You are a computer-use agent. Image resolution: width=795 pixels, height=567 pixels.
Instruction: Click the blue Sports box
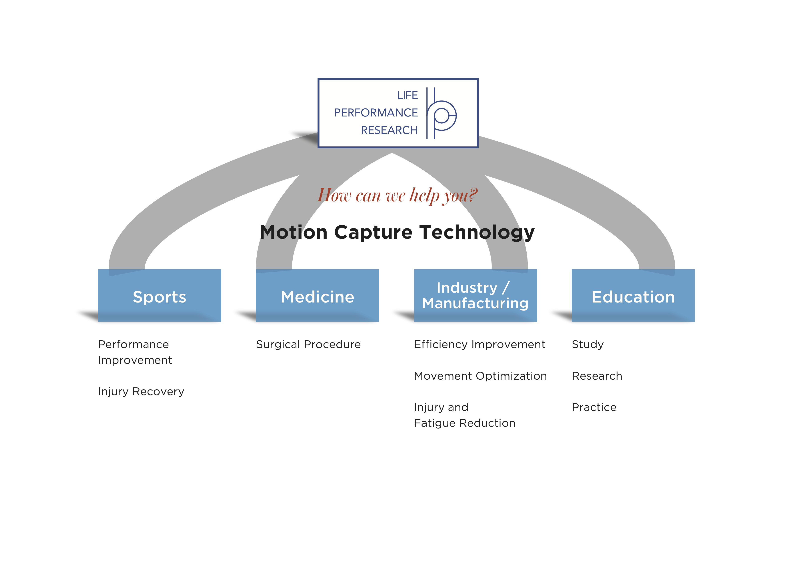click(x=160, y=295)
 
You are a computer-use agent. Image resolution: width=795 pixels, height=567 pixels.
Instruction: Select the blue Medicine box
click(x=317, y=295)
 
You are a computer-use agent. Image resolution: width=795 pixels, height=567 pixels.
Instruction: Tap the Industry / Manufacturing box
click(x=475, y=295)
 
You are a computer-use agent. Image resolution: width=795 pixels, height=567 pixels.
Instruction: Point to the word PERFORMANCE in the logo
click(x=376, y=113)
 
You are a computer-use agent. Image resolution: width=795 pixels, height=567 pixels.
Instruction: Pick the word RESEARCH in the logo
click(x=389, y=130)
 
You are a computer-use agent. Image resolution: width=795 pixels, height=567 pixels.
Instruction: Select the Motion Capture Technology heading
click(x=397, y=232)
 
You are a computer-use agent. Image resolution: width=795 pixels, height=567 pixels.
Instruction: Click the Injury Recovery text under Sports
click(x=141, y=392)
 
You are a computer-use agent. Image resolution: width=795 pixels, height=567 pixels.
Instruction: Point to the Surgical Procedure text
click(x=308, y=345)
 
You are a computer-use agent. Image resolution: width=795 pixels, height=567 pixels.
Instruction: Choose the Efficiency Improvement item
click(x=479, y=345)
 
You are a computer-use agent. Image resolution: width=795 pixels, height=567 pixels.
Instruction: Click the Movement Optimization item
click(x=480, y=376)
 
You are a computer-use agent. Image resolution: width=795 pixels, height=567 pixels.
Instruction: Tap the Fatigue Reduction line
click(x=465, y=423)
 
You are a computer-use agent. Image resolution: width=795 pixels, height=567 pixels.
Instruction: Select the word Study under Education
click(x=588, y=345)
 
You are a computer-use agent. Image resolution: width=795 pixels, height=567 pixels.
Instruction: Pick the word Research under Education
click(x=597, y=376)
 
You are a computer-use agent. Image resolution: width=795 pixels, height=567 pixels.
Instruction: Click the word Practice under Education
click(x=594, y=407)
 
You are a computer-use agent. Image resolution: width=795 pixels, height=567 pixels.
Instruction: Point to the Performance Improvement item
click(x=135, y=352)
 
